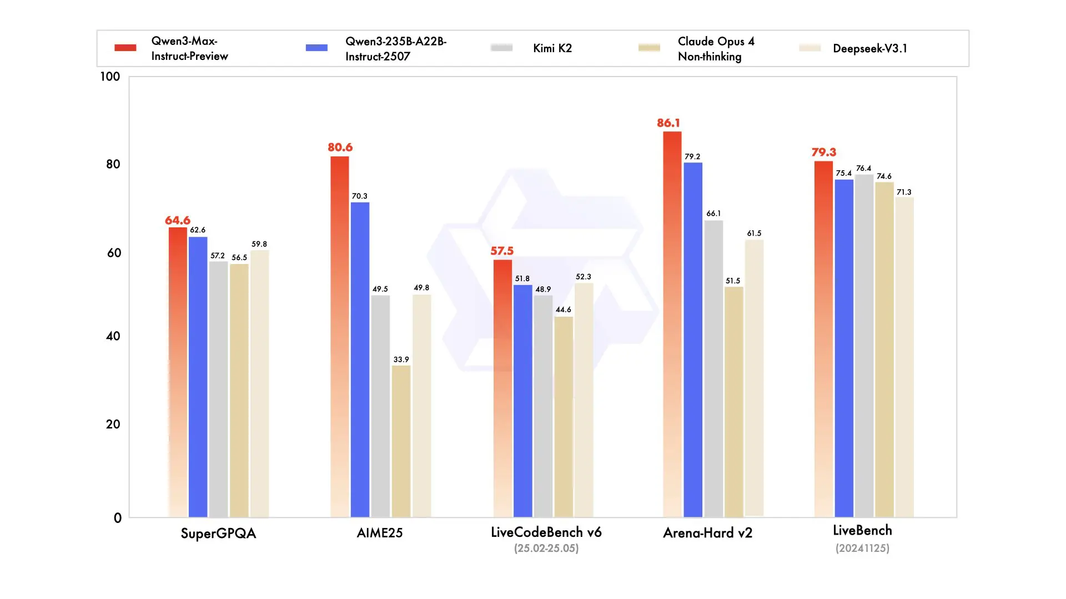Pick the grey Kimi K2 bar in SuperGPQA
218,389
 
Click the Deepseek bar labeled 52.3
584,399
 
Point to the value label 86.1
668,123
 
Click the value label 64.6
178,221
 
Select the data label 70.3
359,196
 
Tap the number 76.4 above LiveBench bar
863,169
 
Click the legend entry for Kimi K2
552,48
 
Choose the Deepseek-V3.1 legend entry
869,48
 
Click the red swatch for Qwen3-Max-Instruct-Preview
125,48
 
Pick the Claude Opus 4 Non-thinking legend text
716,49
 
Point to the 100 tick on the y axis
110,77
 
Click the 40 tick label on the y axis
113,336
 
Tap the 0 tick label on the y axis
118,518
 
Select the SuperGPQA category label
218,534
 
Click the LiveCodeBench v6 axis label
546,532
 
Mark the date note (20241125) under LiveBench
862,549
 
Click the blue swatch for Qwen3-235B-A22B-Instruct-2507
316,48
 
